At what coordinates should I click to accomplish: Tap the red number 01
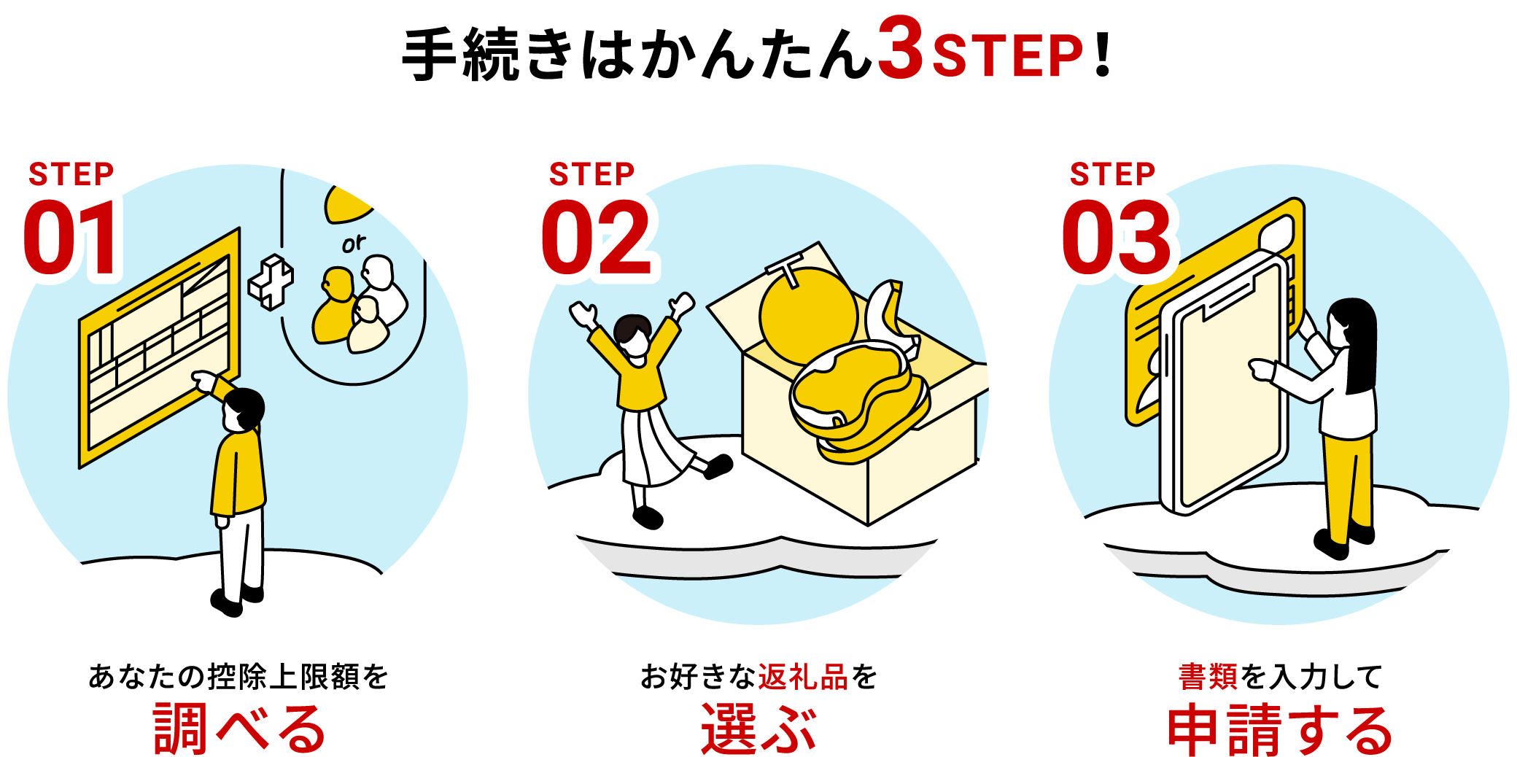[71, 238]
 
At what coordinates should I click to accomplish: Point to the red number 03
[1116, 238]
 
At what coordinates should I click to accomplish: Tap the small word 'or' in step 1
[354, 244]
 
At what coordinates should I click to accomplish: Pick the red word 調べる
[238, 729]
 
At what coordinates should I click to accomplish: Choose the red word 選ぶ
[758, 729]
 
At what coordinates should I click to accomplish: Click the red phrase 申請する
[1280, 729]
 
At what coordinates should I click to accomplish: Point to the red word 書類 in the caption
[1208, 678]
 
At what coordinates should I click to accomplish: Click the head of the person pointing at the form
[243, 410]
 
